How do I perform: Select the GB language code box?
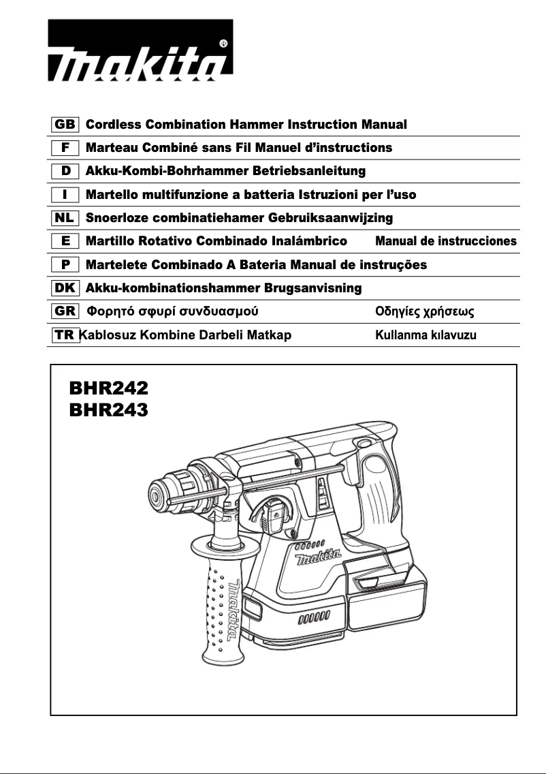coord(65,125)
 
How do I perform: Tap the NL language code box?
coord(65,218)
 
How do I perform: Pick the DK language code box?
coord(65,288)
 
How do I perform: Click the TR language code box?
coord(65,335)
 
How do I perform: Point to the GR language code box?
coord(65,312)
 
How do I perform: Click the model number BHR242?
coord(108,388)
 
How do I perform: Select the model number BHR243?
coord(108,410)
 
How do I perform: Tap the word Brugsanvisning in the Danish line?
coord(313,288)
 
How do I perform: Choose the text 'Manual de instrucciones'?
coord(446,241)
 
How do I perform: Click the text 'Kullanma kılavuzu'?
coord(430,335)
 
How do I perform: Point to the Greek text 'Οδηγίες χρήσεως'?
coord(425,312)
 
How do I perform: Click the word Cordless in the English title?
coord(114,125)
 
